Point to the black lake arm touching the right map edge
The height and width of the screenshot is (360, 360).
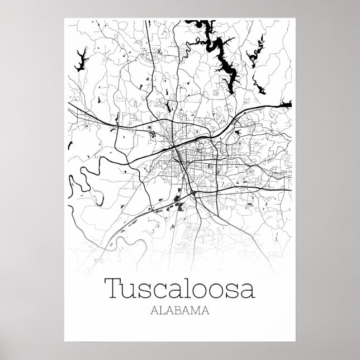tap(286, 104)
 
